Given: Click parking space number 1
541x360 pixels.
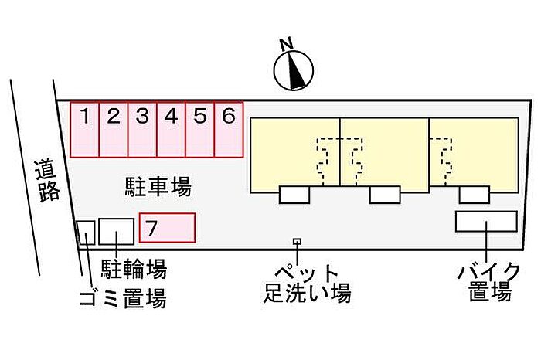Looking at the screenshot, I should tap(86, 130).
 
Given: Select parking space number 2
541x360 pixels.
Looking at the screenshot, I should tap(114, 130).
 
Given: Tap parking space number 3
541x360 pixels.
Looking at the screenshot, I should tap(142, 130).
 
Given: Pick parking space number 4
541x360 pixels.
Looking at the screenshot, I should tap(172, 130).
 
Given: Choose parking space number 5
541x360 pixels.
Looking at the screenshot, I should tap(200, 130).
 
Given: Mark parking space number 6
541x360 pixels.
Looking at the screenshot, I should tap(229, 130).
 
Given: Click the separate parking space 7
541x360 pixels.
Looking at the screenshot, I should tap(167, 228).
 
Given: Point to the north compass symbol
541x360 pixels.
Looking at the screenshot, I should tap(293, 70).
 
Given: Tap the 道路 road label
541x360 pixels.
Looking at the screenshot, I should tap(48, 181).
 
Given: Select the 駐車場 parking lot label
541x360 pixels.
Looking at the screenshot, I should tap(158, 186).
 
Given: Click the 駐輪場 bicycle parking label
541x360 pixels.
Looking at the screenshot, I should tap(134, 269).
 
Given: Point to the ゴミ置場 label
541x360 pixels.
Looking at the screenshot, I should tap(123, 298).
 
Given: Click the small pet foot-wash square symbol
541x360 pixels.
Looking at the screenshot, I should tap(296, 242).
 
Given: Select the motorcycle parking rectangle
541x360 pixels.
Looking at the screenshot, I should tap(486, 221).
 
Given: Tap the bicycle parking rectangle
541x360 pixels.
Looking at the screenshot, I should tap(117, 232).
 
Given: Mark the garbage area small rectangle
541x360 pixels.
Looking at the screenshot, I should tap(86, 233).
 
